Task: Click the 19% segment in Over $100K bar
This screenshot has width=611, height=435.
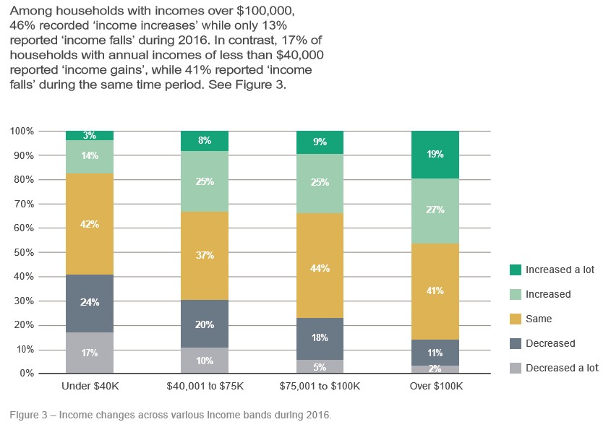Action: tap(435, 155)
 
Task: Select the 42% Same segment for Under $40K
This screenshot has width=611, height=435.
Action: tap(90, 224)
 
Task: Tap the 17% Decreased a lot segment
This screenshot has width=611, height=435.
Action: tap(90, 353)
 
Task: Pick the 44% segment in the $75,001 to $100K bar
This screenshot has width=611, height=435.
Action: tap(320, 268)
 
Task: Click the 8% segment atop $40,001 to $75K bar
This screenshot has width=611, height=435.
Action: tap(205, 141)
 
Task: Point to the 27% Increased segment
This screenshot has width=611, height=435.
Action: tap(435, 210)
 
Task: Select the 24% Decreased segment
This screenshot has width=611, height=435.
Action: tap(90, 302)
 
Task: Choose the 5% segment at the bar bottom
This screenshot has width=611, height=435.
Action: tap(320, 366)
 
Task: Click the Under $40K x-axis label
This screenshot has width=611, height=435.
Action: tap(90, 387)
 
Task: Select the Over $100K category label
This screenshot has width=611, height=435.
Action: tap(435, 387)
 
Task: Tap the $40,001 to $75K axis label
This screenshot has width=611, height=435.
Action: tap(205, 387)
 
